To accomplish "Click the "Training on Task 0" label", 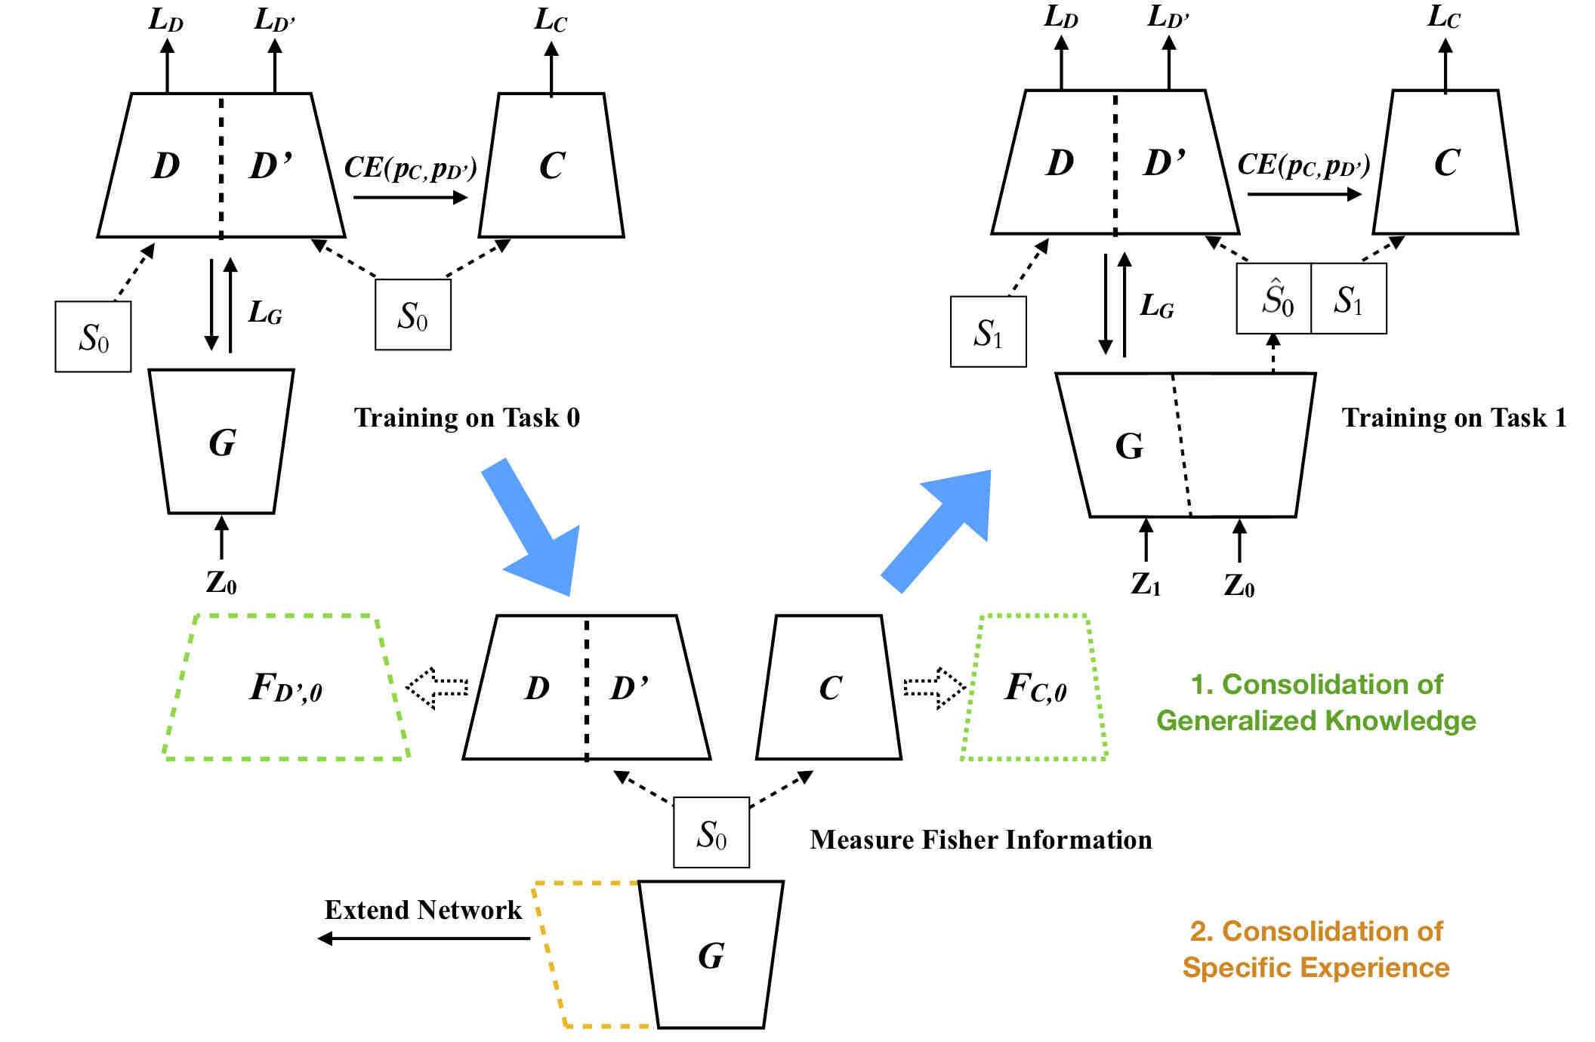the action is (467, 418).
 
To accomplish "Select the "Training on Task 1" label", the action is (1454, 418).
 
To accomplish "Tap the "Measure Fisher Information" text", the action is (981, 840).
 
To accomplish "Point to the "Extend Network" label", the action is (423, 910).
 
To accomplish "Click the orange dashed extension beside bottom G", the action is (548, 954).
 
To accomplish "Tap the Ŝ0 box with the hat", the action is (1274, 298).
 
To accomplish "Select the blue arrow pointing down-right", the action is (535, 529).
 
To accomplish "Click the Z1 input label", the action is (1146, 584).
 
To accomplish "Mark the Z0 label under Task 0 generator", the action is (221, 583).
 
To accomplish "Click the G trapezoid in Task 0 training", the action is (221, 442).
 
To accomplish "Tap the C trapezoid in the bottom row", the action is (829, 687).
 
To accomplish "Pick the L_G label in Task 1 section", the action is (1157, 306).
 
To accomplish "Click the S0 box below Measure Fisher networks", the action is (711, 832).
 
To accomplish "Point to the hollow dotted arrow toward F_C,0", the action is (935, 688).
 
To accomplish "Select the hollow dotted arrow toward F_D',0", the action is (437, 688).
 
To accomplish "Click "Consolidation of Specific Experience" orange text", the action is (1316, 949).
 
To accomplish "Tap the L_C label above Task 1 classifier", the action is (1444, 17).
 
